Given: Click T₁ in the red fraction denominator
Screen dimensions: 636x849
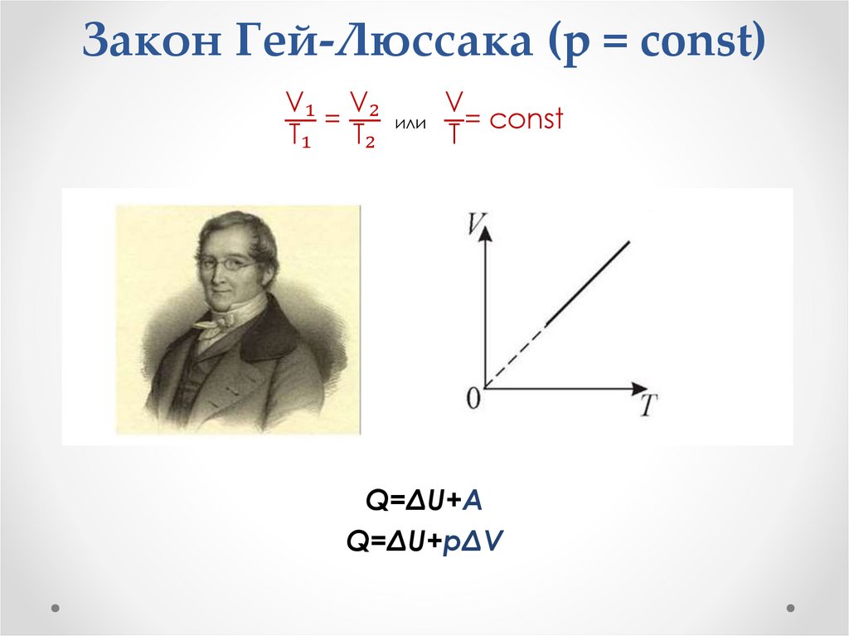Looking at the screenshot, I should point(299,135).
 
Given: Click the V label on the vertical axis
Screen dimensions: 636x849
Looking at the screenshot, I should point(475,222).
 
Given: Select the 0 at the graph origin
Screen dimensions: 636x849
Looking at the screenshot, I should point(473,400).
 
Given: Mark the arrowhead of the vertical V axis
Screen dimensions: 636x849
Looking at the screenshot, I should point(486,233).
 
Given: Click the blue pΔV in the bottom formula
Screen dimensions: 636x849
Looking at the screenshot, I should point(478,541).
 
